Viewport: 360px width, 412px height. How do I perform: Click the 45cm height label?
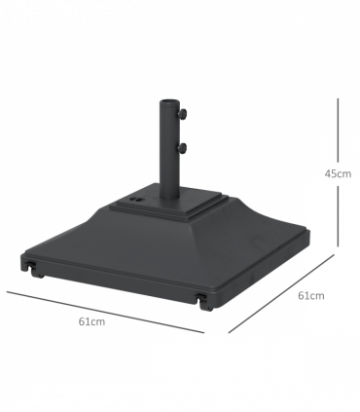338,174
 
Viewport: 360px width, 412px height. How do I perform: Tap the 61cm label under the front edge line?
91,321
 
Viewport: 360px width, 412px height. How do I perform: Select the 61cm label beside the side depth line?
311,296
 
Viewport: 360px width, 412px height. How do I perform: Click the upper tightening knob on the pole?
182,114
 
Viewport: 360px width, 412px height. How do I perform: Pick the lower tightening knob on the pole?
182,148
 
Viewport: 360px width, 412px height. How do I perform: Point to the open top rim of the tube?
169,102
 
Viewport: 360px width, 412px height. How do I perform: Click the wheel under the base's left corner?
36,272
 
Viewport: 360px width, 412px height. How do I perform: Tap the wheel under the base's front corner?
206,305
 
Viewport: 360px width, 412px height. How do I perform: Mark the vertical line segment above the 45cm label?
338,130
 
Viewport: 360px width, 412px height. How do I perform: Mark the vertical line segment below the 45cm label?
338,216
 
